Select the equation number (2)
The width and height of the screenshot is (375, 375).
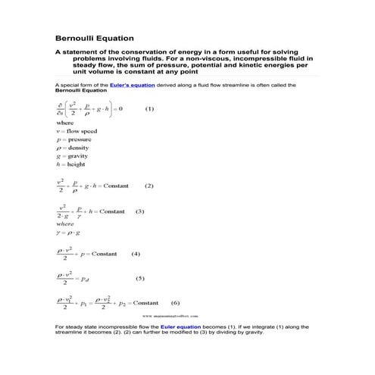pos(148,186)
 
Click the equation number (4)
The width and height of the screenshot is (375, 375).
pos(136,254)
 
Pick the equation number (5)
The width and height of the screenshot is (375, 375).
pos(139,278)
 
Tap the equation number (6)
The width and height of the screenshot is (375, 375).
pos(175,302)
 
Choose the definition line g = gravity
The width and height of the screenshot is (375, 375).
pos(73,156)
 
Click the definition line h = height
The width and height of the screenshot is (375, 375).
pos(71,164)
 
